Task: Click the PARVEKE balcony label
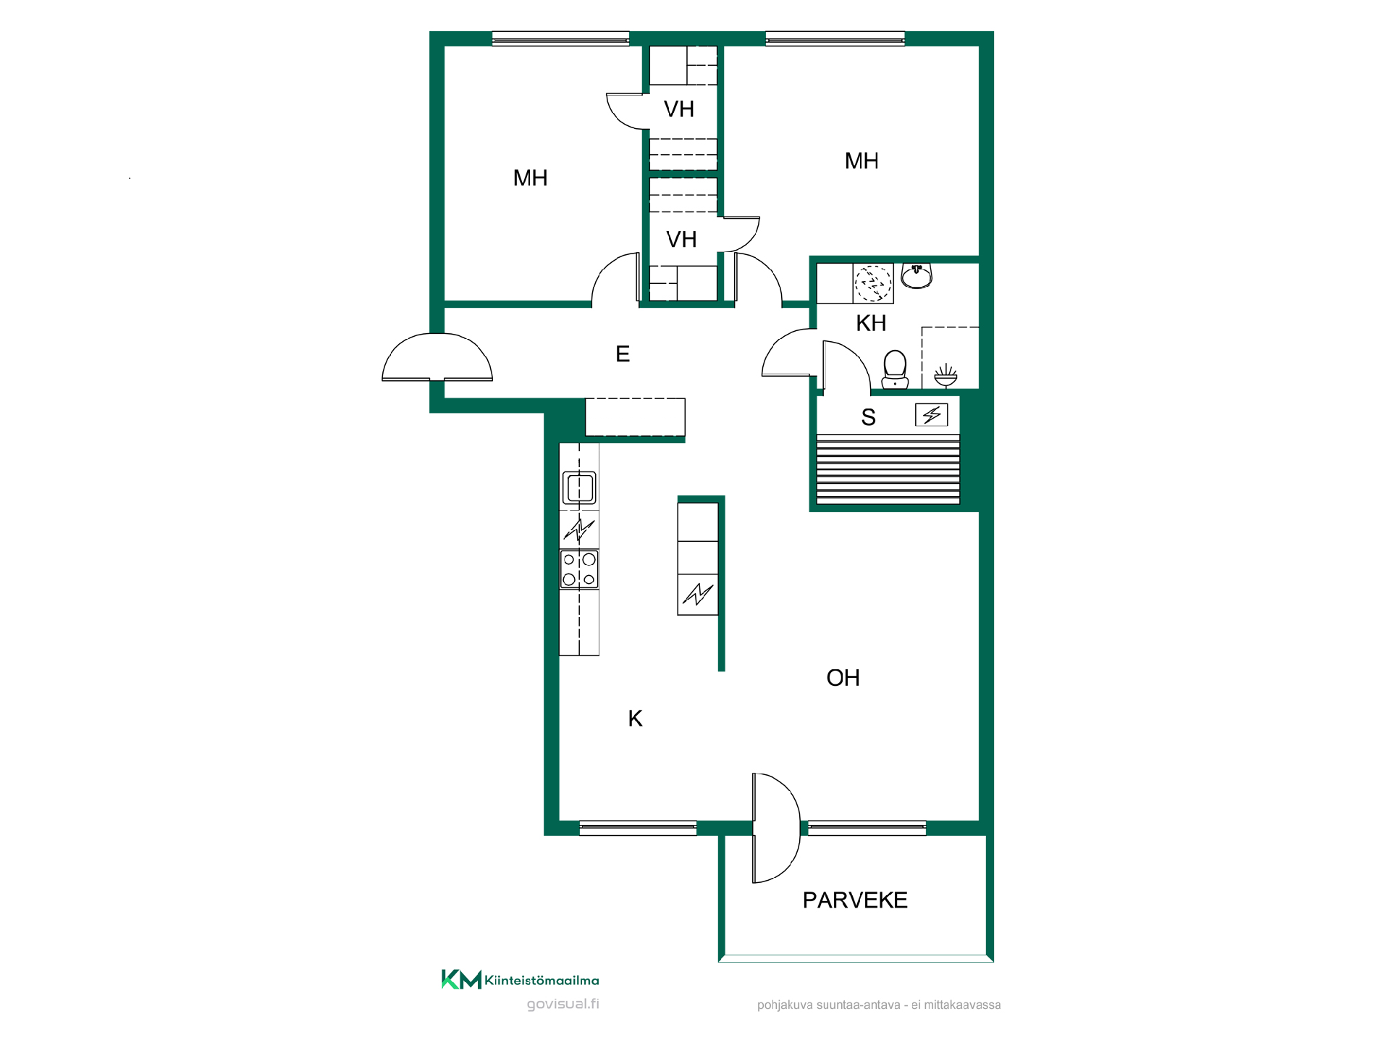pos(855,900)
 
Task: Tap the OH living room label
pos(843,678)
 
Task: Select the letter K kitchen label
pos(635,719)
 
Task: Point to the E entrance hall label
pos(623,354)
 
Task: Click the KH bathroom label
pos(871,323)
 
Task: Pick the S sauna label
pos(869,417)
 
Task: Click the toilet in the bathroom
pos(896,369)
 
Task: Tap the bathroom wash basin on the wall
pos(917,276)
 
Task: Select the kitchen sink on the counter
pos(579,487)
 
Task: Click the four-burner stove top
pos(579,569)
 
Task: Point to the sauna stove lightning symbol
pos(932,415)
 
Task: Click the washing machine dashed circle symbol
pos(873,283)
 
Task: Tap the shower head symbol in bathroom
pos(945,376)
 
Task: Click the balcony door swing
pos(776,828)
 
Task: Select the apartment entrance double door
pos(437,357)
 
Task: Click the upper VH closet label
pos(679,109)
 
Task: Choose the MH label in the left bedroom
pos(530,178)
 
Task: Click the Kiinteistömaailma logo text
pos(542,981)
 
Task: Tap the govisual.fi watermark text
pos(563,1004)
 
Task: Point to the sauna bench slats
pos(888,469)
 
